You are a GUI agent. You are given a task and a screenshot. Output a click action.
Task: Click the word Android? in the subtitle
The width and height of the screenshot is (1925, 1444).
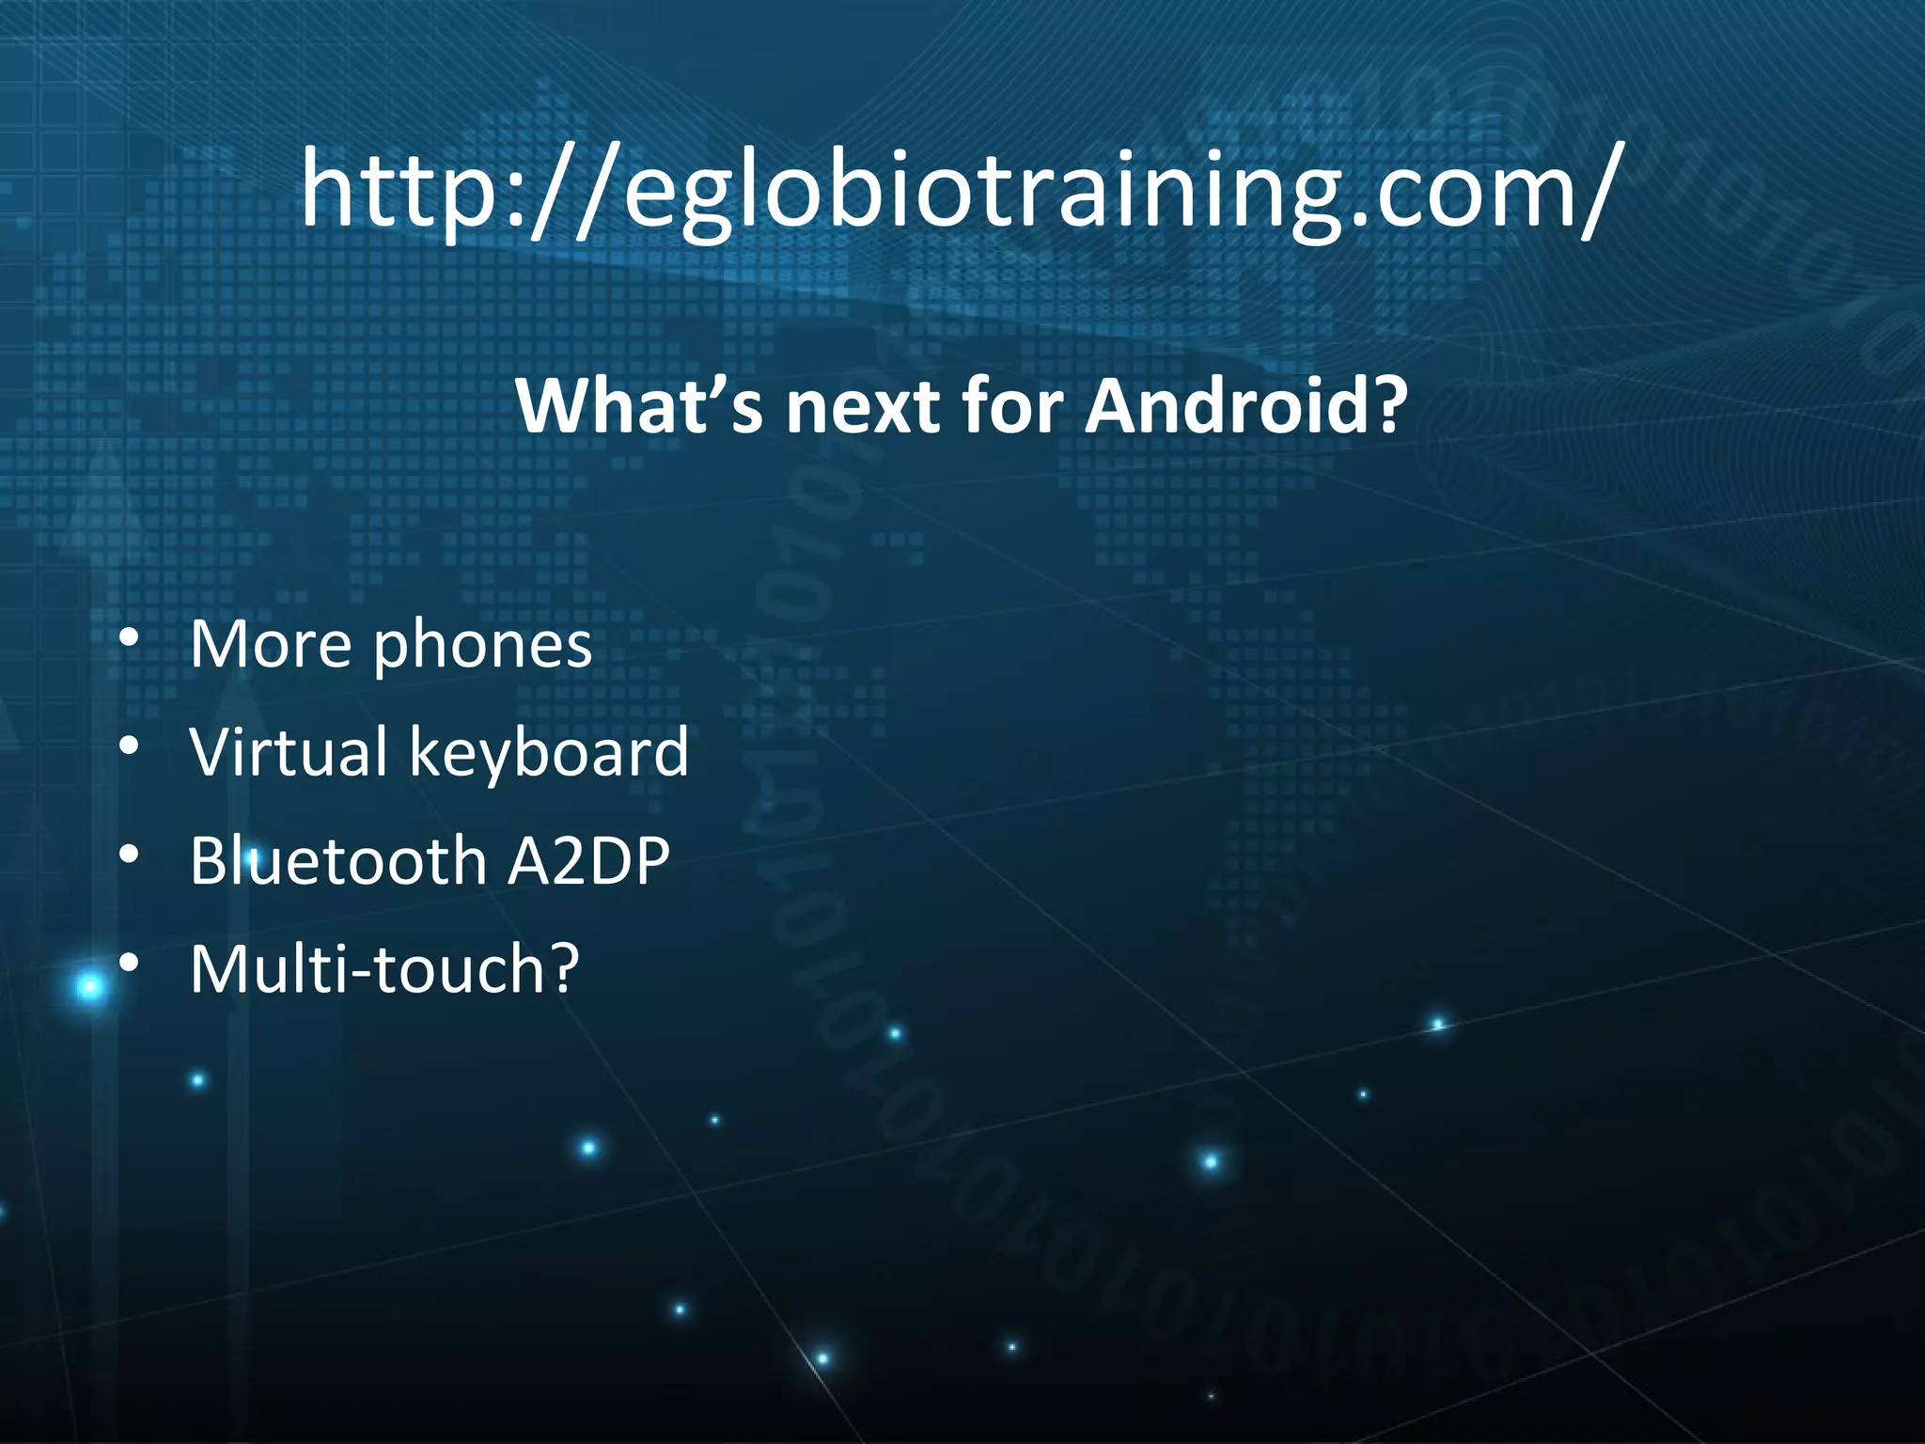pyautogui.click(x=1246, y=406)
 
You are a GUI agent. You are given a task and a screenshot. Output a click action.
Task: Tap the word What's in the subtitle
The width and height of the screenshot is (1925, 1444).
pyautogui.click(x=639, y=406)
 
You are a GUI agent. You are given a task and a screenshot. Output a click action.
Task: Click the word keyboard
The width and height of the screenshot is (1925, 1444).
pyautogui.click(x=549, y=753)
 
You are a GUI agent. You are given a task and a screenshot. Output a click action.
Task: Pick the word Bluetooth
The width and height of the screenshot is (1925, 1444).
pyautogui.click(x=337, y=860)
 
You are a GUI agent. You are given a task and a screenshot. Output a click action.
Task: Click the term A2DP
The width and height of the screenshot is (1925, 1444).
pyautogui.click(x=588, y=860)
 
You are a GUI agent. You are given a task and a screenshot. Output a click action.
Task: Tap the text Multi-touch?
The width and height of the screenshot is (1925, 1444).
pyautogui.click(x=384, y=968)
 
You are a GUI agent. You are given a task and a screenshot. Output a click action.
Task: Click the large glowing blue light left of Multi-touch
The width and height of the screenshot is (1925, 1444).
pyautogui.click(x=90, y=987)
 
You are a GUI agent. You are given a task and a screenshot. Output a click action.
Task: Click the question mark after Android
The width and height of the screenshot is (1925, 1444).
pyautogui.click(x=1387, y=406)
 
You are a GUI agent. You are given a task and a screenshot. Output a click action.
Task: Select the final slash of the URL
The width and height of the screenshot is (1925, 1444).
pyautogui.click(x=1597, y=193)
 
